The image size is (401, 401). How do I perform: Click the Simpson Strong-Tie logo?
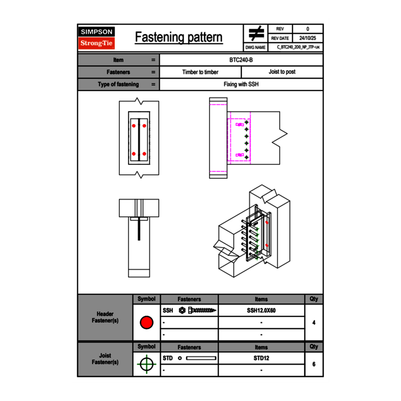97,38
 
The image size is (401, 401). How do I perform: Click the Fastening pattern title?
179,37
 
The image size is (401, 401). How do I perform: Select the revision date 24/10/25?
308,38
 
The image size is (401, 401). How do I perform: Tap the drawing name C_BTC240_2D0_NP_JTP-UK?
298,47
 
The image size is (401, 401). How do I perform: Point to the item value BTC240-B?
241,60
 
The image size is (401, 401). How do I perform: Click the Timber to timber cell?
200,72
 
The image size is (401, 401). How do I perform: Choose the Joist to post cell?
282,72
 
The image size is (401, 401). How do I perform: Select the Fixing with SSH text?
241,84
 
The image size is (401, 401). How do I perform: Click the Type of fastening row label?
118,84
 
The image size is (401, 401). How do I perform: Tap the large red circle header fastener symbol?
146,323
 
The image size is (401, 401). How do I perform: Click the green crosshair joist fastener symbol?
146,364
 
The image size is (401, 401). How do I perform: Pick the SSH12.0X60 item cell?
261,310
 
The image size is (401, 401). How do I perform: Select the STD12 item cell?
261,358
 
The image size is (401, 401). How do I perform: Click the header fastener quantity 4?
314,323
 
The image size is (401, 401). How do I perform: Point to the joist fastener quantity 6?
314,364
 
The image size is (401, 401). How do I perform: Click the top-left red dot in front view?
134,126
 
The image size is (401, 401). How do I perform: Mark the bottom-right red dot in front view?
144,154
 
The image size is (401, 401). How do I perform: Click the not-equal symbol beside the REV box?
256,33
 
